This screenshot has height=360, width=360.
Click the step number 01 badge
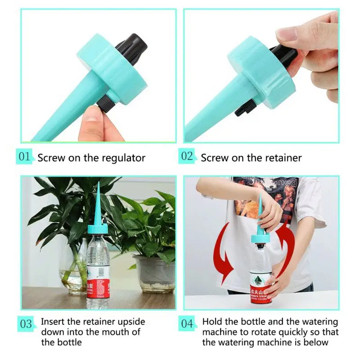tap(25, 157)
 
